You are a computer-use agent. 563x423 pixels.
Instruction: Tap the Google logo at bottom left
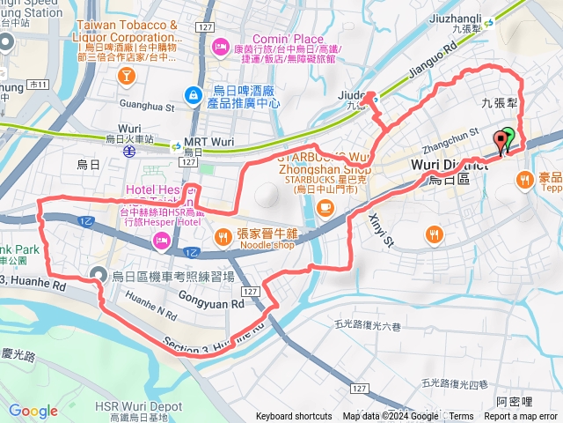click(33, 411)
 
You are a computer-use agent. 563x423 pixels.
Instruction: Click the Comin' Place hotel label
click(288, 39)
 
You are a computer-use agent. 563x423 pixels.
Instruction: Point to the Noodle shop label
click(254, 247)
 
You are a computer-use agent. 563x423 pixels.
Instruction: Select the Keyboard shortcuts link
click(293, 416)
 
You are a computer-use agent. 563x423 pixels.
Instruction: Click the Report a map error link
click(520, 416)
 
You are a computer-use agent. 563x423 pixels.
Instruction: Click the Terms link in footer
click(461, 416)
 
